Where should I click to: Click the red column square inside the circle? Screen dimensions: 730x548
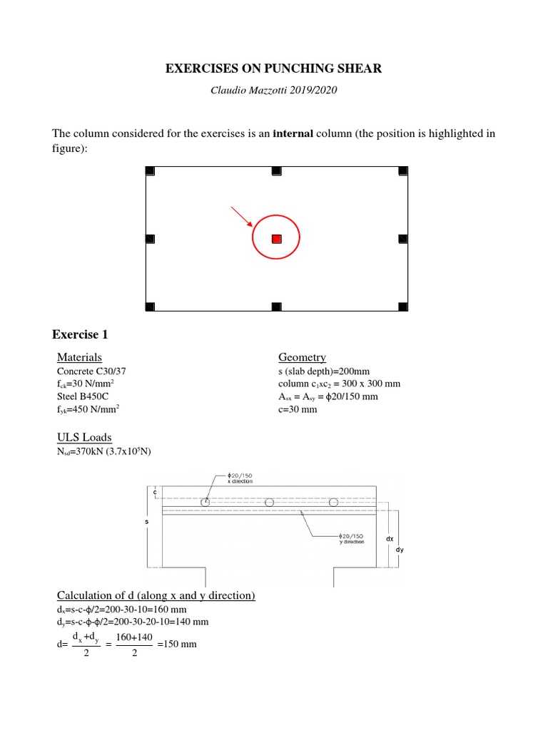277,239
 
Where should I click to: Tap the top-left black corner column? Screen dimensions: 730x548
150,170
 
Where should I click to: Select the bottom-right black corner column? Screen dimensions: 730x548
403,307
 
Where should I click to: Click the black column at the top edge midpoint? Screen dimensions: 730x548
277,170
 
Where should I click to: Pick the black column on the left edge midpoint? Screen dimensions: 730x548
150,239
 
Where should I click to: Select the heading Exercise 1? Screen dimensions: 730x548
80,334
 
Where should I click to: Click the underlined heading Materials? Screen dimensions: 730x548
79,357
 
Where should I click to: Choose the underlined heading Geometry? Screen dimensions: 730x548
302,357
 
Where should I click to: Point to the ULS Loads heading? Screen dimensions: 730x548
84,437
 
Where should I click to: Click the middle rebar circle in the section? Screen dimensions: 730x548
269,503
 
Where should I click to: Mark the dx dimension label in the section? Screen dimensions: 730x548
390,540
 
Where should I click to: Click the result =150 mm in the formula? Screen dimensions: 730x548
178,644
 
